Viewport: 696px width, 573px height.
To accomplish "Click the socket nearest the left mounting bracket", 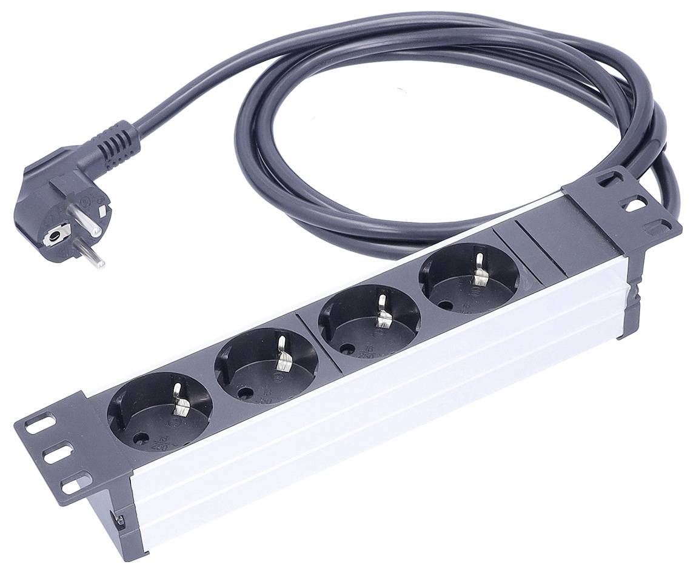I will click(x=159, y=410).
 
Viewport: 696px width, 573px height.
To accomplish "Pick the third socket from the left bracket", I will click(x=369, y=320).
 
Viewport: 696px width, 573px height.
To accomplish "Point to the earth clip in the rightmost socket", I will click(x=481, y=269).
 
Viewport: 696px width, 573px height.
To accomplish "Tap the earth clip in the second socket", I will click(x=283, y=356).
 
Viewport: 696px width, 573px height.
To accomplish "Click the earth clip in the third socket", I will click(x=383, y=311).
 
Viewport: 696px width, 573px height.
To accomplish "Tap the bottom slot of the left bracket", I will click(x=72, y=484).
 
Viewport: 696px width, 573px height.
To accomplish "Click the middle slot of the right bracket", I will click(x=635, y=204).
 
